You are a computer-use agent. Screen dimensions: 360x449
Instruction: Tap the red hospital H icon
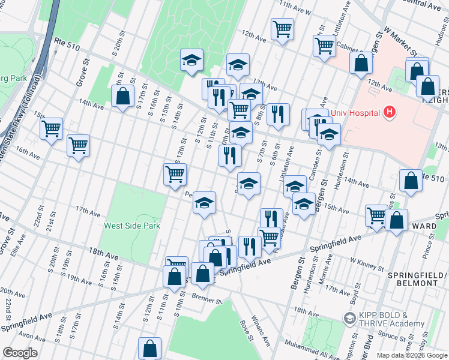tap(390, 112)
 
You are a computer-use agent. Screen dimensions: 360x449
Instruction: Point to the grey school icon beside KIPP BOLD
tap(349, 318)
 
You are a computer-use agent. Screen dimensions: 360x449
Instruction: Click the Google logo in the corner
tap(20, 353)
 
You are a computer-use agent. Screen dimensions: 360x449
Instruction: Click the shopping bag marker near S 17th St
tap(122, 96)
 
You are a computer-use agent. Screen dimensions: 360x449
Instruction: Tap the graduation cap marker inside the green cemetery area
tap(191, 60)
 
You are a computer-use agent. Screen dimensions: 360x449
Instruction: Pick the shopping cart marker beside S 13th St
tap(175, 174)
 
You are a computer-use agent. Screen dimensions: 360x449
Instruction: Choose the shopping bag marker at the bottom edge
tap(149, 347)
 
